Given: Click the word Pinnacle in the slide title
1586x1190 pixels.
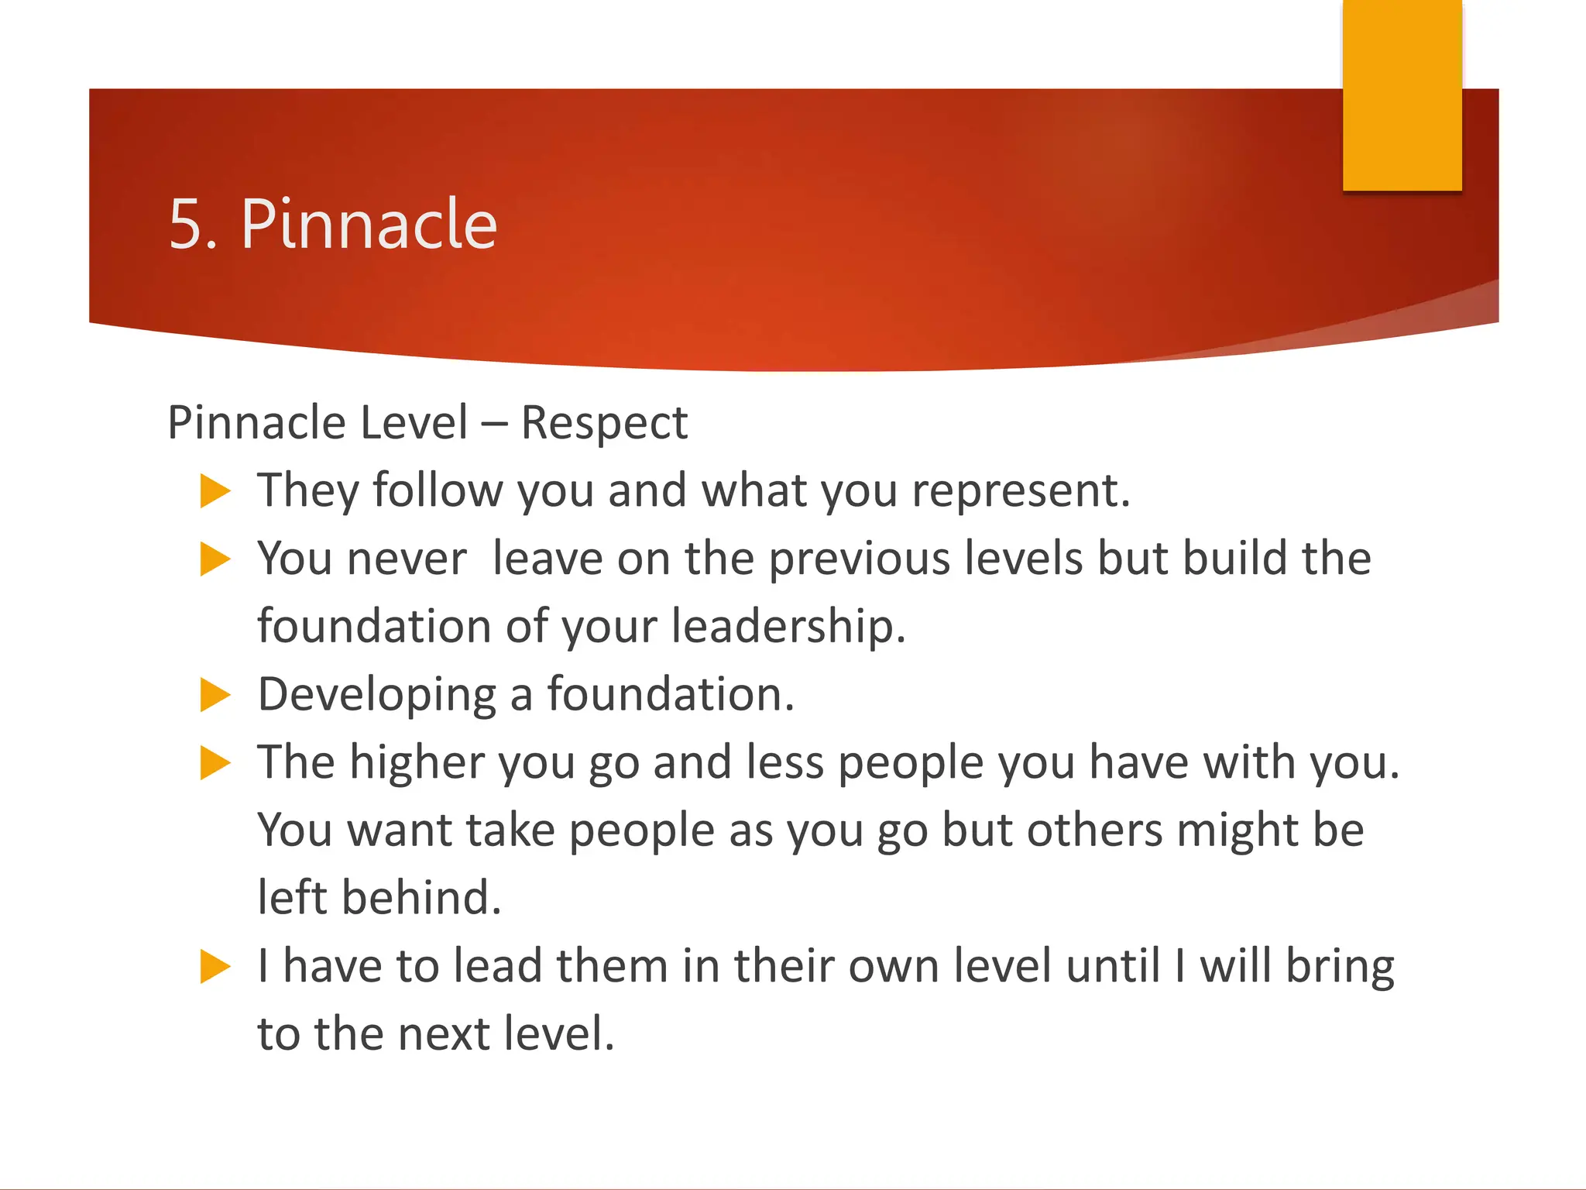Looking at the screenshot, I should pyautogui.click(x=369, y=225).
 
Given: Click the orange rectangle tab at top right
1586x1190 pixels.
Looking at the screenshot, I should pyautogui.click(x=1402, y=95).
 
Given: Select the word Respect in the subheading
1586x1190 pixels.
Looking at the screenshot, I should pyautogui.click(x=604, y=424).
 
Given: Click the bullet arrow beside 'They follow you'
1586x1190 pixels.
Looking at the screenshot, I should pyautogui.click(x=215, y=491).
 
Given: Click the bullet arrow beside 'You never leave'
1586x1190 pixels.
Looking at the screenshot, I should pyautogui.click(x=215, y=559).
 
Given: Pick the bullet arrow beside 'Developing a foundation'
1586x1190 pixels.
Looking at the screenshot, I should pyautogui.click(x=215, y=694).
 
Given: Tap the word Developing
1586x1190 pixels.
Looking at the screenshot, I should pyautogui.click(x=376, y=696).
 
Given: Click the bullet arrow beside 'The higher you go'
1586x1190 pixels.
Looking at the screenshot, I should pyautogui.click(x=215, y=762).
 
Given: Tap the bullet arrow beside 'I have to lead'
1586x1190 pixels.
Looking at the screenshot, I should pyautogui.click(x=215, y=966).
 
